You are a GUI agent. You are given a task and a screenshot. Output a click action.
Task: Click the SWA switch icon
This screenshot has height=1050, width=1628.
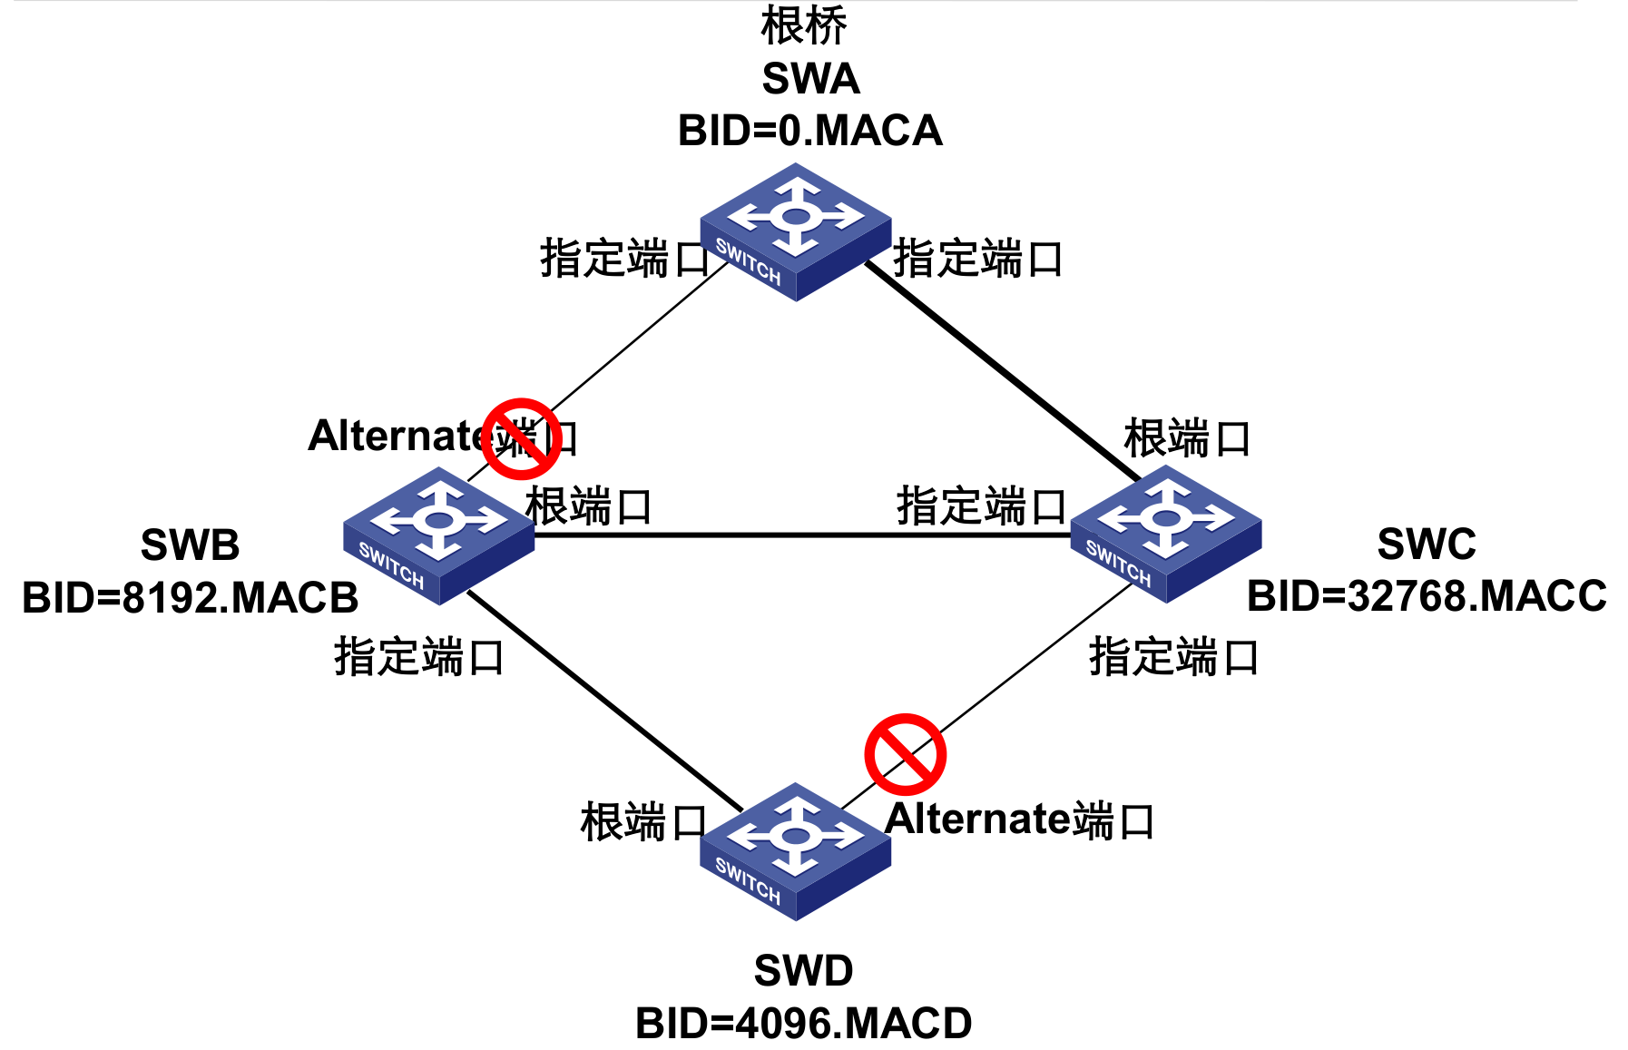point(796,231)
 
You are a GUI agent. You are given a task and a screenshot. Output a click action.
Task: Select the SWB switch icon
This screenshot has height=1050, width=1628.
point(439,535)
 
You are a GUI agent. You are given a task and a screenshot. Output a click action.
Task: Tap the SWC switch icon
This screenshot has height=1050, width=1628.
point(1166,533)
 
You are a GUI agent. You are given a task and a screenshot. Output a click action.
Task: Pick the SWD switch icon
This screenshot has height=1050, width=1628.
point(796,850)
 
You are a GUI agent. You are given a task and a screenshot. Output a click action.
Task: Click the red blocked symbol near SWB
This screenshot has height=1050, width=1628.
point(521,439)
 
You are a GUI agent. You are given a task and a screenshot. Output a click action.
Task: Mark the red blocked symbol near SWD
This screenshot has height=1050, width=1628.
point(905,754)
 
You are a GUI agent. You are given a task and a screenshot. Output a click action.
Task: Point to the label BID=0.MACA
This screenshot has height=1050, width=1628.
point(809,131)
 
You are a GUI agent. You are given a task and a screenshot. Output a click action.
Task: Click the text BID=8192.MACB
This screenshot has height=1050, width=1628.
point(190,598)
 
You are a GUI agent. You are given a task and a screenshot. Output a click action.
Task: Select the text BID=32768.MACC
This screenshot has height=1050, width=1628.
point(1426,596)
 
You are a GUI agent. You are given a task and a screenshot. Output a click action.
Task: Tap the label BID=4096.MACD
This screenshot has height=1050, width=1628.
point(803,1024)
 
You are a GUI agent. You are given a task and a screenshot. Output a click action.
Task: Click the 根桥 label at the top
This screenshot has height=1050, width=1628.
point(803,25)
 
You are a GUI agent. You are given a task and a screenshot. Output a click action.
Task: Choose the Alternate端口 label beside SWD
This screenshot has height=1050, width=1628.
point(1019,819)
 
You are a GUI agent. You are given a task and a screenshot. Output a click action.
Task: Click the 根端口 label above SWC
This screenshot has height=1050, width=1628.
point(1187,438)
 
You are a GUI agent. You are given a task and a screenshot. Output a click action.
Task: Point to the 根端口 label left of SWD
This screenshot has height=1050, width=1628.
point(642,822)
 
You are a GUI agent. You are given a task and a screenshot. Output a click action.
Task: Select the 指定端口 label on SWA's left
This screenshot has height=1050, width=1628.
point(625,259)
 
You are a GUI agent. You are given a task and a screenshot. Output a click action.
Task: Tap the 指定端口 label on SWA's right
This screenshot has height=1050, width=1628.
point(977,259)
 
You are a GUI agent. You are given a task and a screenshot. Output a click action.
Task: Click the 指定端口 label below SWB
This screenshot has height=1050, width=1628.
point(419,656)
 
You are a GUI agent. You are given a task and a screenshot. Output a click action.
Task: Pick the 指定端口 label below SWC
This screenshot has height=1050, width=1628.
point(1173,656)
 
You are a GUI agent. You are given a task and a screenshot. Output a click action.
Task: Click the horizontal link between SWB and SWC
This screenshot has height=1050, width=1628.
point(799,535)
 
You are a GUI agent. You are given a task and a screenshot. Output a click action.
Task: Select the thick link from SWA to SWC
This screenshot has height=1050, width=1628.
point(998,368)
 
